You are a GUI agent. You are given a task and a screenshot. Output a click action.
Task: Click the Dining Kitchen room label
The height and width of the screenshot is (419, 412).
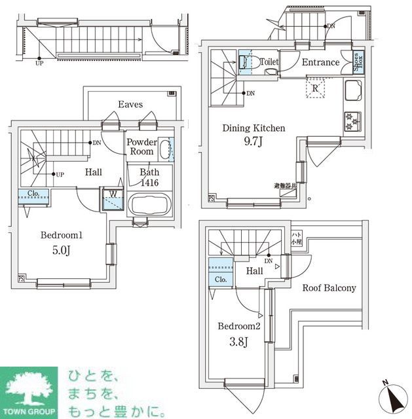tap(254, 128)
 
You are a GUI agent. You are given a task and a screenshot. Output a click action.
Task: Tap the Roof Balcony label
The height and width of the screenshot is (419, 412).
tap(329, 288)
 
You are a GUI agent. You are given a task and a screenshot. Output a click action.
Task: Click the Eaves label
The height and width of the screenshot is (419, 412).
tap(131, 104)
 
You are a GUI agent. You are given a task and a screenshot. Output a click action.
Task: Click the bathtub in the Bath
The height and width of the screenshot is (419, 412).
tap(149, 204)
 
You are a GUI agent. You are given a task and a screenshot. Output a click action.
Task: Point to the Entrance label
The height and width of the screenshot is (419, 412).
tap(320, 63)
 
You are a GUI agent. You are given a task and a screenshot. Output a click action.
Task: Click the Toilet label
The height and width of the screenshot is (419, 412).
tap(269, 62)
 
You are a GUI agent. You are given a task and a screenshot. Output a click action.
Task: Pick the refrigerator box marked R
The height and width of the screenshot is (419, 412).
tap(316, 88)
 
